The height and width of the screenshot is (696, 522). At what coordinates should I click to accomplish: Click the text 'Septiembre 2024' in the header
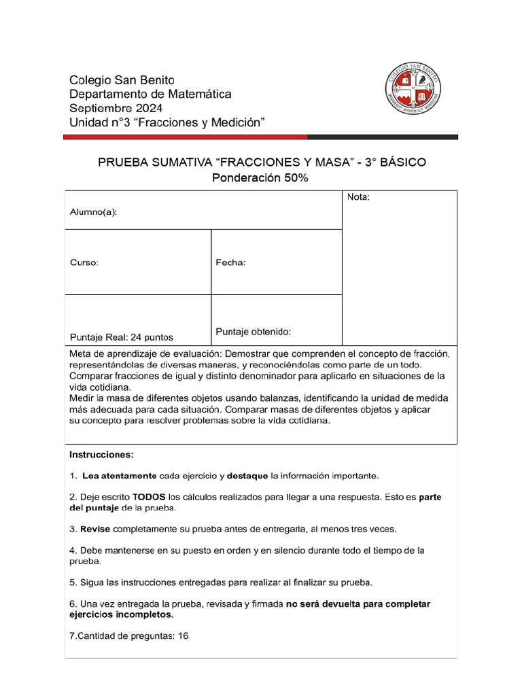coord(116,108)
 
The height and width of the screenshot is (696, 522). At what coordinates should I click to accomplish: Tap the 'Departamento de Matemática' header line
coord(150,94)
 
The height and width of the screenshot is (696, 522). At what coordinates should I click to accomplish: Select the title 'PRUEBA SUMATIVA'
coord(154,162)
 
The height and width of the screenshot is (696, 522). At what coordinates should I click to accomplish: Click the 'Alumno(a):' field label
coord(93,212)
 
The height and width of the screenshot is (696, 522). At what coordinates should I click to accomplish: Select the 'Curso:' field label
coord(84,262)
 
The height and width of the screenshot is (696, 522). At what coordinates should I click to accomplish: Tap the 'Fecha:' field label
coord(230,262)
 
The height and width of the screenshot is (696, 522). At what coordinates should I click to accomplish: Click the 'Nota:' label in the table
coord(358,197)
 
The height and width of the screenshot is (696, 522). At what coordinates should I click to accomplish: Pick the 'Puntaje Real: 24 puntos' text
coord(121,337)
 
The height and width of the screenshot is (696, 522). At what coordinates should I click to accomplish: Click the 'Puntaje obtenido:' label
coord(254,332)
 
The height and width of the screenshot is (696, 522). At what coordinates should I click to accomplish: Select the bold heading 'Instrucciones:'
coord(102,454)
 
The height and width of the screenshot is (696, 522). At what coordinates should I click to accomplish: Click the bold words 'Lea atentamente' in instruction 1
coord(119,475)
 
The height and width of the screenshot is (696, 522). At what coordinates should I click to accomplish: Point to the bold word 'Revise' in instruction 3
coord(94,529)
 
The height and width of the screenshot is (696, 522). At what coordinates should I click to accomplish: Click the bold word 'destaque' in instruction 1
coord(247,475)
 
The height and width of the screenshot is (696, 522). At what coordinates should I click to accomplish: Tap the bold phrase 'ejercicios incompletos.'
coord(121,614)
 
